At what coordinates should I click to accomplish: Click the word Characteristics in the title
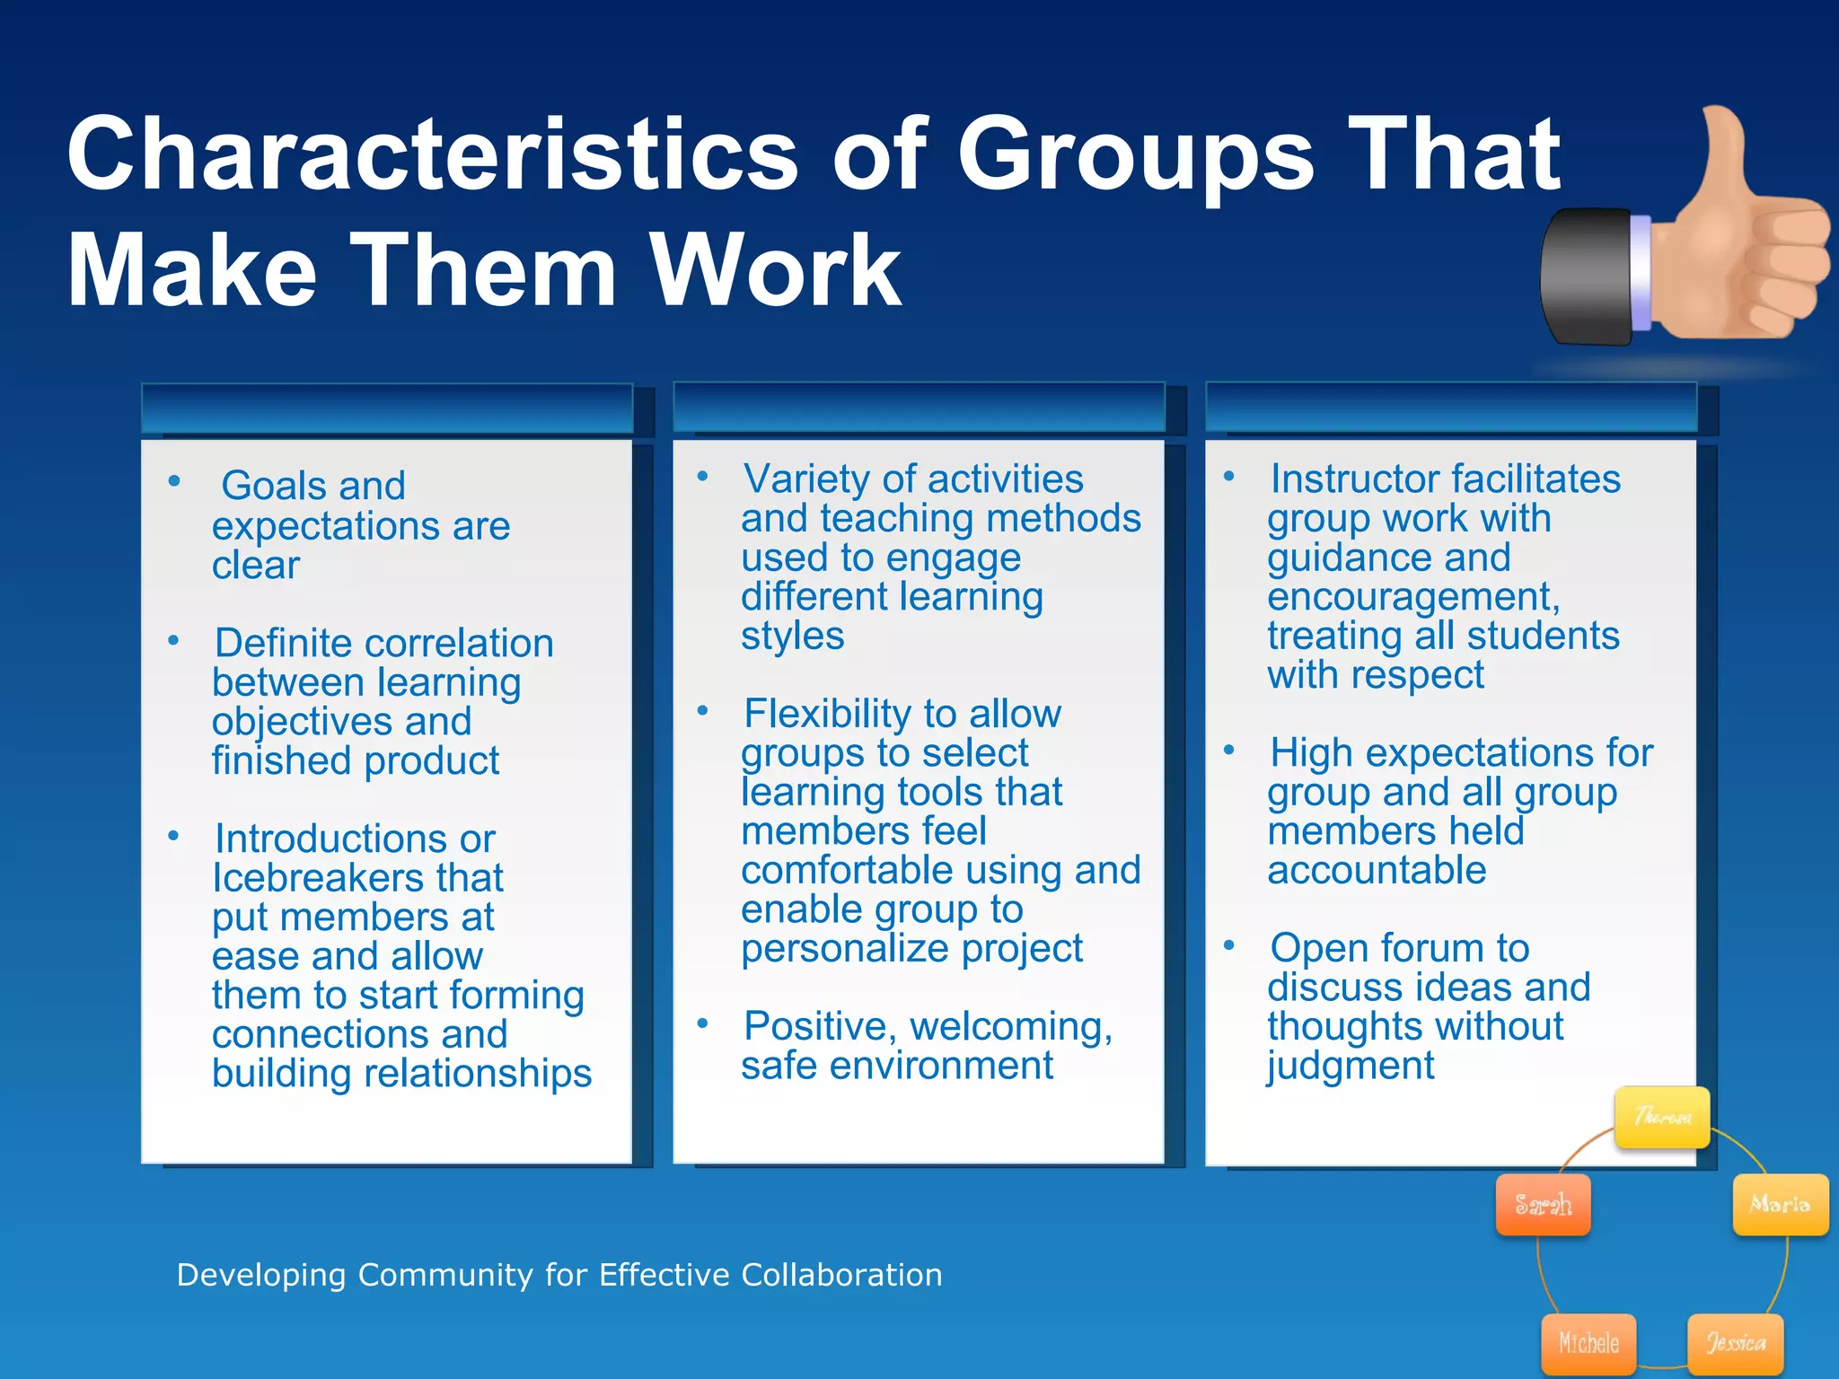pos(431,154)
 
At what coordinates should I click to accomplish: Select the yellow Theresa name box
pos(1661,1117)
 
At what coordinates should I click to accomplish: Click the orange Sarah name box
pos(1543,1204)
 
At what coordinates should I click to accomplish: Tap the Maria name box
pos(1780,1204)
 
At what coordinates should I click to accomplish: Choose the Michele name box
pos(1588,1343)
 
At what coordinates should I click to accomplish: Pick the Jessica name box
pos(1735,1343)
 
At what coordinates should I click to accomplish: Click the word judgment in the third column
pos(1351,1066)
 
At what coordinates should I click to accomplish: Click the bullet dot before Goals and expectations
pos(174,481)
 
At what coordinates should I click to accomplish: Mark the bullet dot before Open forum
pos(1229,944)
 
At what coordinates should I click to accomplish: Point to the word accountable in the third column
pos(1377,870)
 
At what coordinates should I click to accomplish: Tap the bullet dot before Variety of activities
pos(703,476)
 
